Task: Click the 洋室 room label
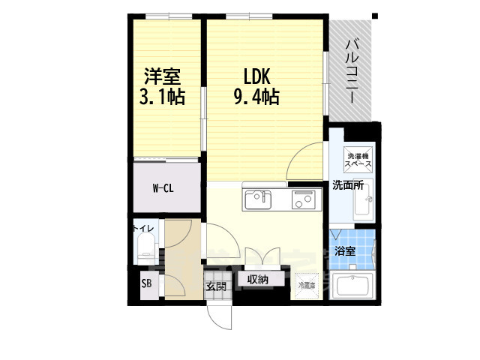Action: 162,76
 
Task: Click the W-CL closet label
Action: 163,187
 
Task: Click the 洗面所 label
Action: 348,185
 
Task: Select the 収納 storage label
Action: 258,280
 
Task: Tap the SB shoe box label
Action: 145,283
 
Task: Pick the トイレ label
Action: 144,228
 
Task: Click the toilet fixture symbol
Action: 145,247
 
